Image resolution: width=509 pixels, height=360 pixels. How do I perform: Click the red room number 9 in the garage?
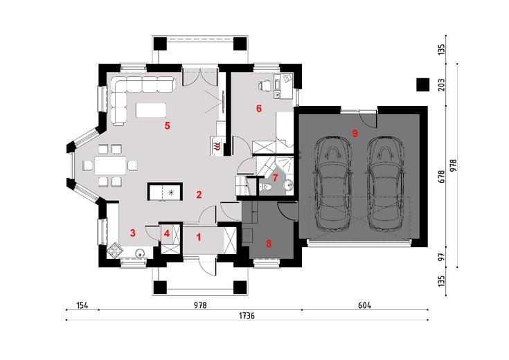pos(355,133)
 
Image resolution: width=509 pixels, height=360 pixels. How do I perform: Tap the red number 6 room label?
pos(259,109)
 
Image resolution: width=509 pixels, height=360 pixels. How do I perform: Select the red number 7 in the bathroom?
pos(276,177)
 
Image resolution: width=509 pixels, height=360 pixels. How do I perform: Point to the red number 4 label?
pos(167,233)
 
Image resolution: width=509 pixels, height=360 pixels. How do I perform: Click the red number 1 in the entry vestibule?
pos(199,237)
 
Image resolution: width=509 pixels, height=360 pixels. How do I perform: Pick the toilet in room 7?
pos(266,187)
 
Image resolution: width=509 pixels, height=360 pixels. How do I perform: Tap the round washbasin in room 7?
pos(288,186)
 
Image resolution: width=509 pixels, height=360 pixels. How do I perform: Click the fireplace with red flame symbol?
pos(217,145)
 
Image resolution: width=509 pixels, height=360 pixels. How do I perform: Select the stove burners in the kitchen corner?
pos(114,250)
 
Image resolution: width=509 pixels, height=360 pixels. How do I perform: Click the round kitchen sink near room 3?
pos(141,253)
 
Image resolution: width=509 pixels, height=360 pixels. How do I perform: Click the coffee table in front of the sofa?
pos(151,109)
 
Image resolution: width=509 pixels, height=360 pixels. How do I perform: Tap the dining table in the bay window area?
pos(110,165)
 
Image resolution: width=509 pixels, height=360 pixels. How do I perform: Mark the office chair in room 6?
pos(265,86)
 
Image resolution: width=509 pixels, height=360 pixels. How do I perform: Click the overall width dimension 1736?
pos(247,316)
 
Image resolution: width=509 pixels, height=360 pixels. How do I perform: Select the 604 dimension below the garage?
pos(364,305)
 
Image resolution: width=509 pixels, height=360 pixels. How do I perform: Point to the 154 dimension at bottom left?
pos(82,305)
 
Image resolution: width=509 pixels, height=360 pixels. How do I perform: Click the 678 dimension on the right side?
pos(442,177)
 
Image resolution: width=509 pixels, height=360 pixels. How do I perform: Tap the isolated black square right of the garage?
pos(422,84)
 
